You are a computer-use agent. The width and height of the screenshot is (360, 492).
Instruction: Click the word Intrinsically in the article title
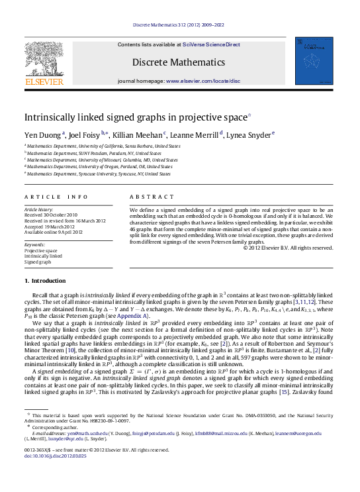pos(50,117)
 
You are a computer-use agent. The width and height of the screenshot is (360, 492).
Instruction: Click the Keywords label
pos(34,244)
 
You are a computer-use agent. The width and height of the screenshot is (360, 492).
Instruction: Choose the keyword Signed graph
pos(37,262)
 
